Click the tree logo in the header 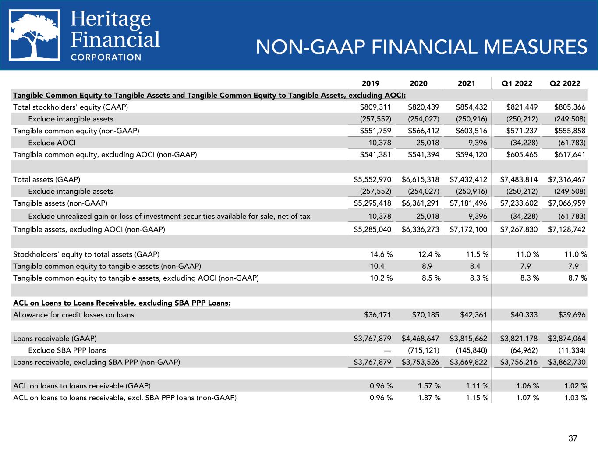(x=35, y=35)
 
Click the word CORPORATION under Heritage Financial (x=106, y=57)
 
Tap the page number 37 (x=573, y=438)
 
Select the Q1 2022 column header (x=517, y=83)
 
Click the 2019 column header (x=371, y=83)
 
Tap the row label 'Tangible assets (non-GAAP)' (x=60, y=203)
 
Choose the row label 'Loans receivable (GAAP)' (x=55, y=339)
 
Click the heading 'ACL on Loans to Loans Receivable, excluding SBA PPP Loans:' (x=122, y=303)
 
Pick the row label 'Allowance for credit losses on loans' (x=74, y=314)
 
